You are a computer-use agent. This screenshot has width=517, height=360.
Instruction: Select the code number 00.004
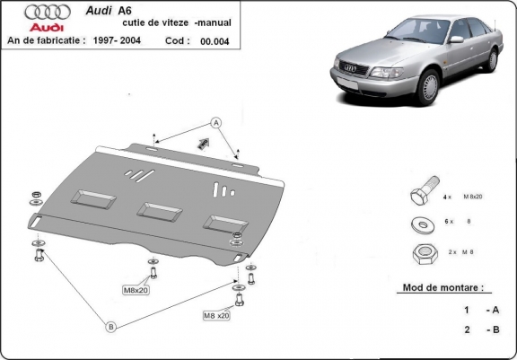(x=214, y=40)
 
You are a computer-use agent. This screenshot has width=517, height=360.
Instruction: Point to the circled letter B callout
(x=110, y=327)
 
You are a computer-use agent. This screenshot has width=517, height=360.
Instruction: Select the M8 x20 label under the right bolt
(x=215, y=315)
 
